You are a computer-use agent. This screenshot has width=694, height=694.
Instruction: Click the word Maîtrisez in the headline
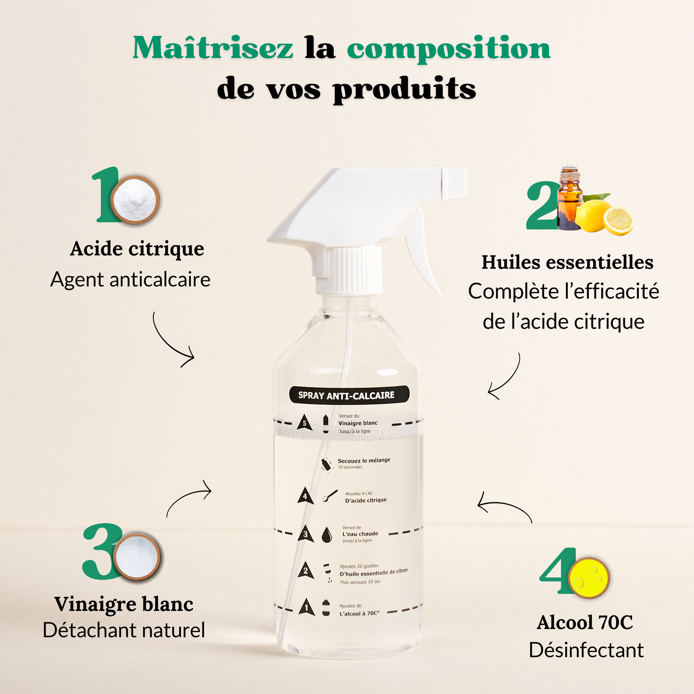pos(213,49)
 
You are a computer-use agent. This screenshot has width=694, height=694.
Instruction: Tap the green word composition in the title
pos(448,49)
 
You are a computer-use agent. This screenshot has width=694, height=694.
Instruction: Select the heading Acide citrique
pos(137,249)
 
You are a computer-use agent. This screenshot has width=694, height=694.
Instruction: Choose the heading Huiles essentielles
pos(567,262)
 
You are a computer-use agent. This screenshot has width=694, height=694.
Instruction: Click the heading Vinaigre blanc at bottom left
pos(124,604)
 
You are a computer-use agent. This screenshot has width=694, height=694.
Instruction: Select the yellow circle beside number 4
pos(588,578)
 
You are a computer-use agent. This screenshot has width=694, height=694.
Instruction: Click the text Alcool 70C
pos(585,622)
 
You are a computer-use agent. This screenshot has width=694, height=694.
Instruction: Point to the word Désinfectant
pos(586,650)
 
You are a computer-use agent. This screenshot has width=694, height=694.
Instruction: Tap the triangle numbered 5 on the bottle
pos(304,423)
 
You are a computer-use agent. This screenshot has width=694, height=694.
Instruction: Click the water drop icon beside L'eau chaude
pos(327,535)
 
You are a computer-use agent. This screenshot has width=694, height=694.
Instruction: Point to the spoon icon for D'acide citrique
pos(330,497)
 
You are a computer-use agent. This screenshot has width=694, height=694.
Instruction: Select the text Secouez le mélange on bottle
pos(364,460)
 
